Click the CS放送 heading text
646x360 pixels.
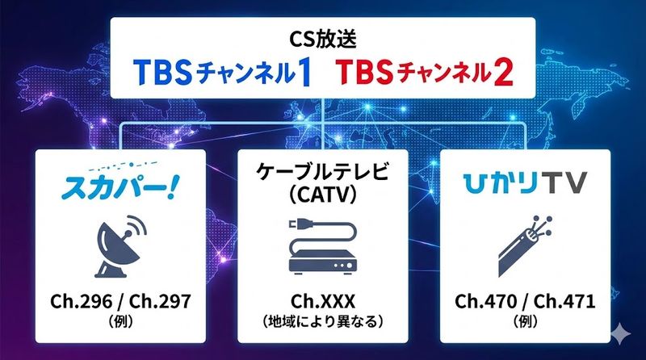tap(323, 38)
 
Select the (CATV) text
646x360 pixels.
tap(323, 197)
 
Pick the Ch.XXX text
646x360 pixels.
tap(323, 303)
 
